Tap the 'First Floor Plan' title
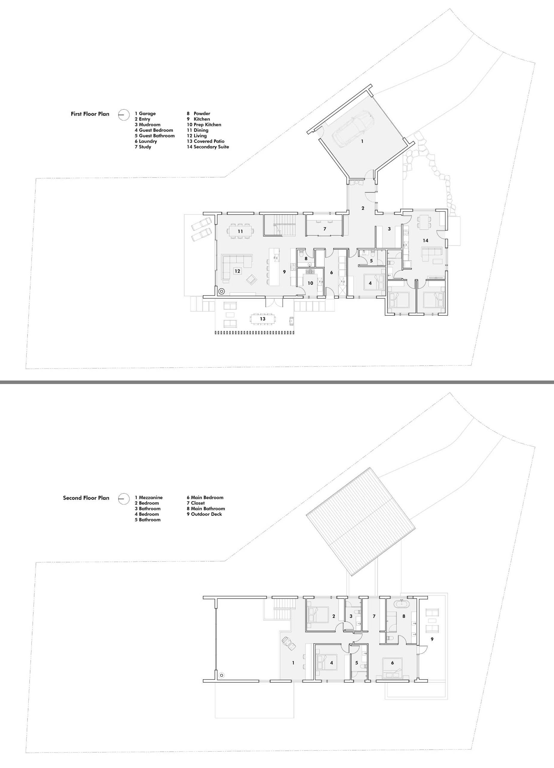point(90,114)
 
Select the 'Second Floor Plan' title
point(86,498)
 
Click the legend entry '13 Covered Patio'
point(206,141)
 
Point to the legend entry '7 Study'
point(143,147)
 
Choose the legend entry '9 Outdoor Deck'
point(204,514)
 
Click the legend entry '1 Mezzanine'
point(149,497)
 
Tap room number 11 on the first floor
point(240,231)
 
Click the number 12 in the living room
point(237,271)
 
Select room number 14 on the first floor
point(425,240)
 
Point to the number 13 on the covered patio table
point(262,319)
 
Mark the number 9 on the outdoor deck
point(432,639)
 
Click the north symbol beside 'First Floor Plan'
point(123,115)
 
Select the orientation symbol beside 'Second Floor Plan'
point(123,499)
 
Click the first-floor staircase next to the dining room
point(280,224)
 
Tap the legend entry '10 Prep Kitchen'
point(204,124)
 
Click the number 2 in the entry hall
point(363,208)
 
